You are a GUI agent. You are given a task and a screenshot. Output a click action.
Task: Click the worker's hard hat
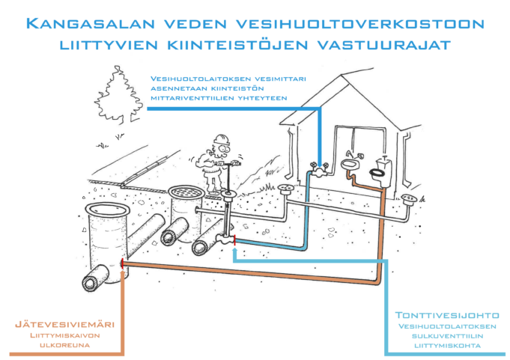[220, 140]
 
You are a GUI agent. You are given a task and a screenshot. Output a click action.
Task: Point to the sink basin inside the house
[349, 163]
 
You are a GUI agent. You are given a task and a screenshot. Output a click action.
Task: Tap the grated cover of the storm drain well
[184, 192]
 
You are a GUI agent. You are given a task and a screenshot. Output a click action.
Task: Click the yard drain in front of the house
[285, 189]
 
